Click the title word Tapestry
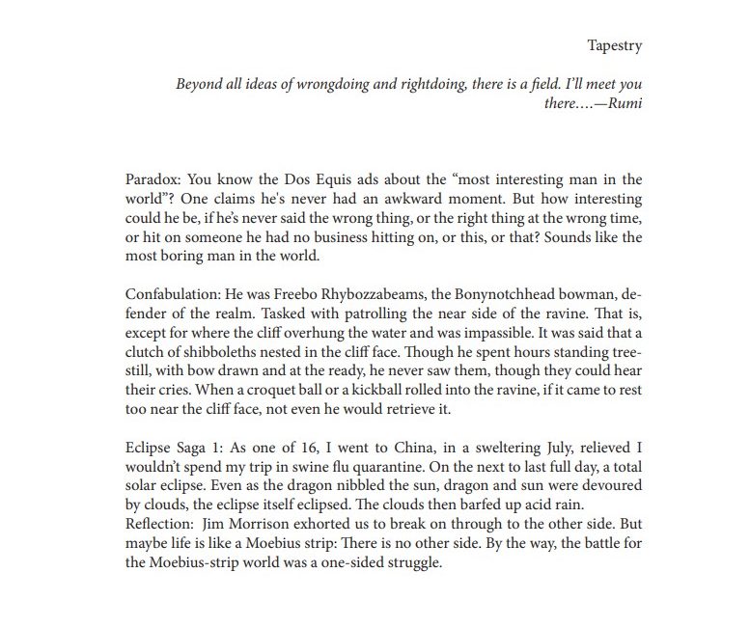[x=614, y=44]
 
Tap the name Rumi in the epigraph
[x=622, y=103]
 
